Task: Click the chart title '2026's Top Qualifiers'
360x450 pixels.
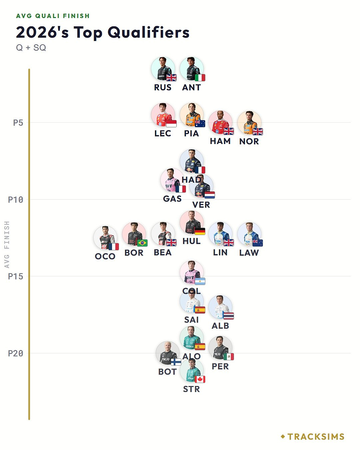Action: click(103, 33)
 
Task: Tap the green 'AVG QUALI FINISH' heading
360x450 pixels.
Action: click(53, 16)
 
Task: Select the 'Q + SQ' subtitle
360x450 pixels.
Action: click(31, 48)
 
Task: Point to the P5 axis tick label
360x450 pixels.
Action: click(18, 123)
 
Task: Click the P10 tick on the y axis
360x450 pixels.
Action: click(16, 200)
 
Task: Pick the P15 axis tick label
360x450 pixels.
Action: click(16, 276)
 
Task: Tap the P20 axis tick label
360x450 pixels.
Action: click(16, 353)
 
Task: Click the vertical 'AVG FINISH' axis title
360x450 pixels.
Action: click(7, 244)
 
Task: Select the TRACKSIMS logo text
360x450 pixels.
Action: click(316, 437)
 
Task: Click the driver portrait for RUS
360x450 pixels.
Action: click(163, 69)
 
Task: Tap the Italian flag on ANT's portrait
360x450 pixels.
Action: click(200, 78)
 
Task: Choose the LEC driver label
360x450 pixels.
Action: click(163, 133)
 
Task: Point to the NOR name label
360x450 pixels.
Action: click(249, 141)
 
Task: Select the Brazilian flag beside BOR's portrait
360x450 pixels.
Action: click(142, 243)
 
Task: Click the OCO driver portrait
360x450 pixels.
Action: click(105, 238)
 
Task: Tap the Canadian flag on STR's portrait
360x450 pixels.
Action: click(200, 379)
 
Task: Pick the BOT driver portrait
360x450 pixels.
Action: click(167, 353)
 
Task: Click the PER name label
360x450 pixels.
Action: click(220, 366)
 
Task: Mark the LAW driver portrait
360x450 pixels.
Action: click(249, 234)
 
